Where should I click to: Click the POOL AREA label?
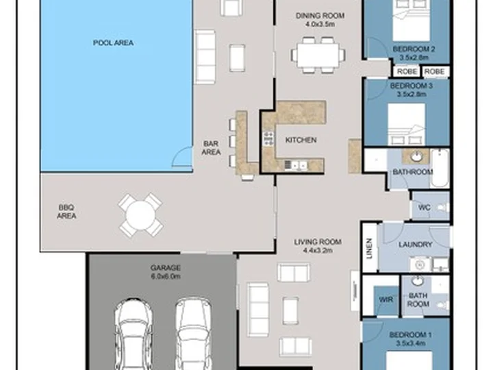[113, 42]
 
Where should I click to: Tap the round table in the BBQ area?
[140, 215]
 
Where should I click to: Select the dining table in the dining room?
[318, 56]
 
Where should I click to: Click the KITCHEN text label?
[301, 140]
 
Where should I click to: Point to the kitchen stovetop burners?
[269, 138]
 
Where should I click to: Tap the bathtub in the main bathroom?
[440, 169]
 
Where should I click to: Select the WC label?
[424, 208]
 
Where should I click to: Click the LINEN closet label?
[370, 248]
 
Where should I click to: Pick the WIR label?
[385, 299]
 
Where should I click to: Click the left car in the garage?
[134, 334]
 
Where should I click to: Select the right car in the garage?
[193, 334]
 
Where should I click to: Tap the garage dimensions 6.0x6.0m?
[166, 276]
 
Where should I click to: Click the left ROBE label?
[407, 72]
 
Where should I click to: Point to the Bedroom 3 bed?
[406, 125]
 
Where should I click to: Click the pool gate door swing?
[183, 156]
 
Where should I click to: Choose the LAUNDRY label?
[416, 245]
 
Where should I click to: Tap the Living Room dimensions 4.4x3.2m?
[318, 251]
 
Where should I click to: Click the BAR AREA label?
[211, 148]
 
